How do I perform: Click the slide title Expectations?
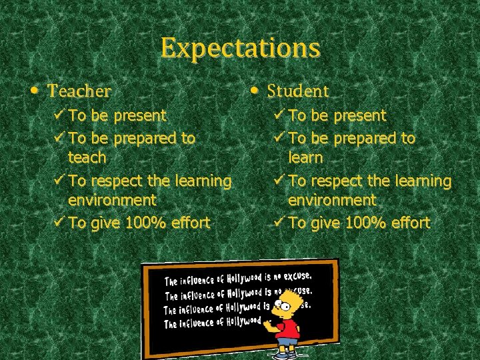(240, 48)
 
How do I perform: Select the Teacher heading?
(80, 90)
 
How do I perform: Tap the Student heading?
(298, 90)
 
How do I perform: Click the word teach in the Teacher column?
(87, 157)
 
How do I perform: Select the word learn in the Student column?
(305, 158)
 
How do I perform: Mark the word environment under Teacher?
(112, 199)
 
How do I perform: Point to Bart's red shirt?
(289, 329)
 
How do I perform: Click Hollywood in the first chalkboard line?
(244, 277)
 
